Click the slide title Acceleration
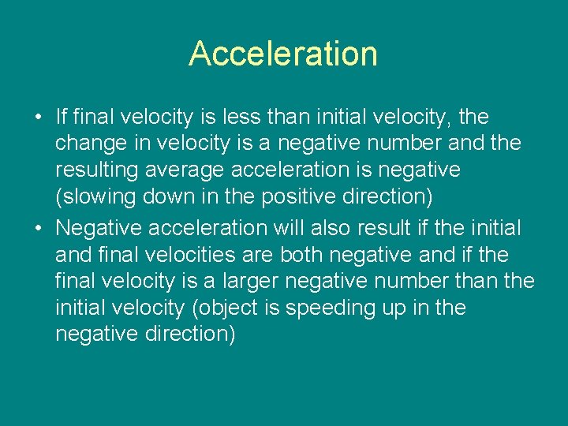(283, 54)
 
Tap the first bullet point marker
(38, 118)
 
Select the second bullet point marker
(38, 229)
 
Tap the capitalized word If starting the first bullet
(62, 118)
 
